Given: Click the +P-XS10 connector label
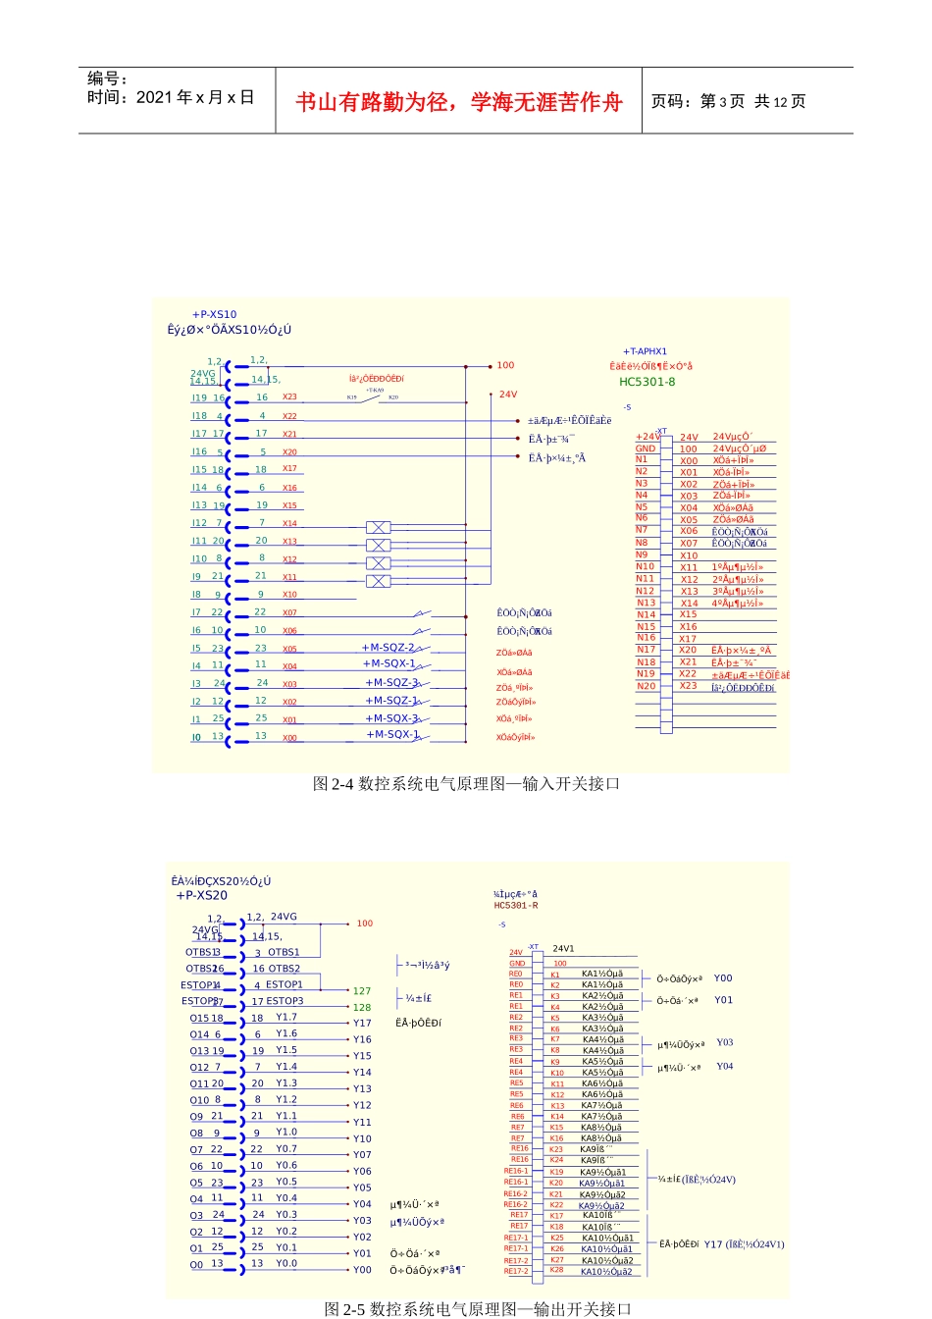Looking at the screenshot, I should click(x=214, y=315).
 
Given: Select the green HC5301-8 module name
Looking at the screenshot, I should click(x=647, y=382).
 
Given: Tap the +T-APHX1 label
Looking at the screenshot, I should click(x=645, y=351).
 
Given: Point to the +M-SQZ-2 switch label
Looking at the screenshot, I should click(x=388, y=648).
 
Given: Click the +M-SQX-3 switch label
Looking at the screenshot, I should click(x=391, y=718).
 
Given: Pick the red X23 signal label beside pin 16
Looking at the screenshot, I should click(x=289, y=397).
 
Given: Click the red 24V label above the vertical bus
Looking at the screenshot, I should click(x=507, y=395).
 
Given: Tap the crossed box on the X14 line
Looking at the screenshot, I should click(x=378, y=528).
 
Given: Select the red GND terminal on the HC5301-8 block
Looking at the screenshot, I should click(x=645, y=448).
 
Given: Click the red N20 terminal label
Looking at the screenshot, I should click(x=646, y=686).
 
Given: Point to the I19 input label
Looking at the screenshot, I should click(x=199, y=398).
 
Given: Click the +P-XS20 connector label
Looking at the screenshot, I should click(x=201, y=895).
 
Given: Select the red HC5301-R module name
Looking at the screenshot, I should click(x=516, y=906).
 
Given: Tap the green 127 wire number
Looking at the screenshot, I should click(x=362, y=991).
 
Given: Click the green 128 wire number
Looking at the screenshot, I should click(x=362, y=1007).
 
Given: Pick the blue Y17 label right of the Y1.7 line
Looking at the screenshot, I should click(x=362, y=1023).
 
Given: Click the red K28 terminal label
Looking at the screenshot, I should click(x=556, y=1270).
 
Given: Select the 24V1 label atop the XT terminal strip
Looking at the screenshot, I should click(x=563, y=949).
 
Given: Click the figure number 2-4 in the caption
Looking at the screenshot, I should click(x=342, y=783).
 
